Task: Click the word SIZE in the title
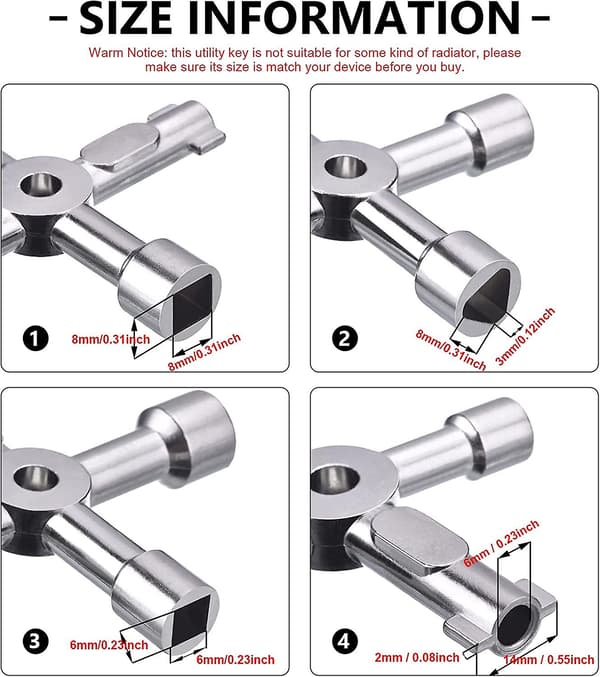(126, 18)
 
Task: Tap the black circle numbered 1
(35, 338)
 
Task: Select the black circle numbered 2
(344, 338)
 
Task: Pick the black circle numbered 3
(35, 641)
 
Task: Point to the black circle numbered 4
(344, 641)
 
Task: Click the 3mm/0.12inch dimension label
(525, 337)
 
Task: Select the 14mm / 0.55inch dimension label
(549, 660)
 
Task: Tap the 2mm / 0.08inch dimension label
(417, 657)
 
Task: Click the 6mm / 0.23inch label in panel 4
(502, 544)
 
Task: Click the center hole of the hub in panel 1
(41, 185)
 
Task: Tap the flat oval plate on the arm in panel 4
(420, 541)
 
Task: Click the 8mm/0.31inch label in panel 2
(451, 350)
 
